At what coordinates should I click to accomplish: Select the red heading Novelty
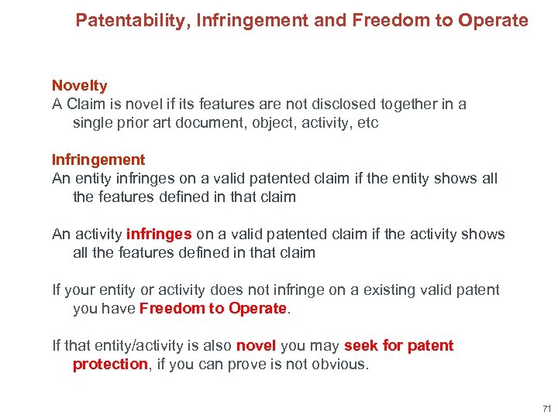(x=79, y=86)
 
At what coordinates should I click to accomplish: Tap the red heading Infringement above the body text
(x=98, y=159)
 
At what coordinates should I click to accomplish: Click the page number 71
(x=546, y=408)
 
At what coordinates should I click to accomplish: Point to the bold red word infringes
(x=159, y=234)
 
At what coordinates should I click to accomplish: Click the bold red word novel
(x=256, y=345)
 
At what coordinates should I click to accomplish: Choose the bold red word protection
(x=110, y=364)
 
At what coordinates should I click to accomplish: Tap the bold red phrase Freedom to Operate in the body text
(x=213, y=308)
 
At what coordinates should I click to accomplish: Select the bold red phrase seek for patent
(x=398, y=345)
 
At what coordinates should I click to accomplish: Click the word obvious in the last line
(x=341, y=364)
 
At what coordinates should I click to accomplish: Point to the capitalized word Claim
(x=85, y=104)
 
